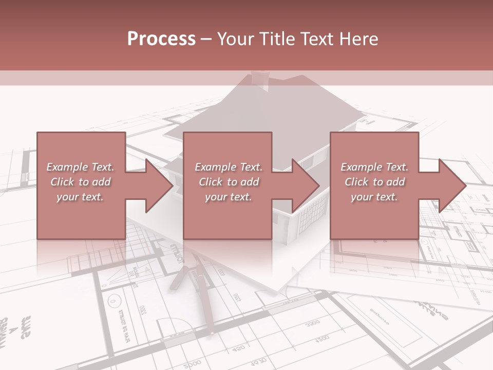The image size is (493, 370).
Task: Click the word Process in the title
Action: tap(161, 39)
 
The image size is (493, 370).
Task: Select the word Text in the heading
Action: tap(316, 39)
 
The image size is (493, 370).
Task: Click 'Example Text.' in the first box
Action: tap(81, 167)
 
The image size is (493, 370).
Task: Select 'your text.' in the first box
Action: tap(81, 197)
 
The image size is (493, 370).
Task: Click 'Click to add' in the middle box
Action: tap(229, 182)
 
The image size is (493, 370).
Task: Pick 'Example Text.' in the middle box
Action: tap(229, 167)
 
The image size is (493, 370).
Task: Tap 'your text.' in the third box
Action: tap(374, 197)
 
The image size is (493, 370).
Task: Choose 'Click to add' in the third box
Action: tap(374, 182)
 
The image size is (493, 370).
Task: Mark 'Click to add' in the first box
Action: tap(81, 182)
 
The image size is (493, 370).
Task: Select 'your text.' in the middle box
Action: tap(229, 197)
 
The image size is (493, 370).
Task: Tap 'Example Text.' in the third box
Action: tap(374, 167)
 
